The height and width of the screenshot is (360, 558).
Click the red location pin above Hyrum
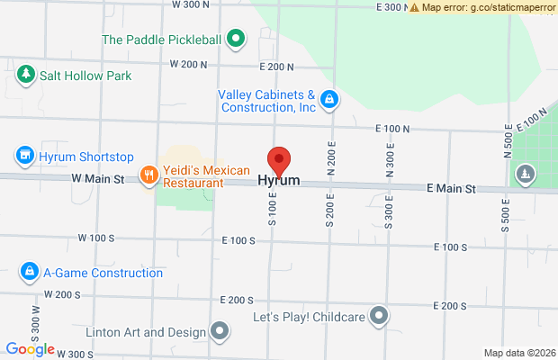tap(279, 160)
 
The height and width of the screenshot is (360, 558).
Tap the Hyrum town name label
tap(279, 181)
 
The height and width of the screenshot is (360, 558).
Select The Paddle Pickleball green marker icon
tap(235, 39)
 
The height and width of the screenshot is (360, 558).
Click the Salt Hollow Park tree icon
tap(27, 75)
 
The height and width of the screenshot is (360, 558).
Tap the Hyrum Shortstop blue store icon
tap(25, 156)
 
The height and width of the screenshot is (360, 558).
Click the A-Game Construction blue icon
tap(29, 271)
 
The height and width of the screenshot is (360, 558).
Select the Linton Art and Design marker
tap(220, 331)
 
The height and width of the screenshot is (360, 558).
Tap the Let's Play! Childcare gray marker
tap(380, 316)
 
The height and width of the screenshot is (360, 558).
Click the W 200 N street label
tap(188, 65)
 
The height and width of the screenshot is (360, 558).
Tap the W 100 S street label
tap(97, 238)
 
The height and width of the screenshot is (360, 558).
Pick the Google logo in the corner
tap(30, 349)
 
